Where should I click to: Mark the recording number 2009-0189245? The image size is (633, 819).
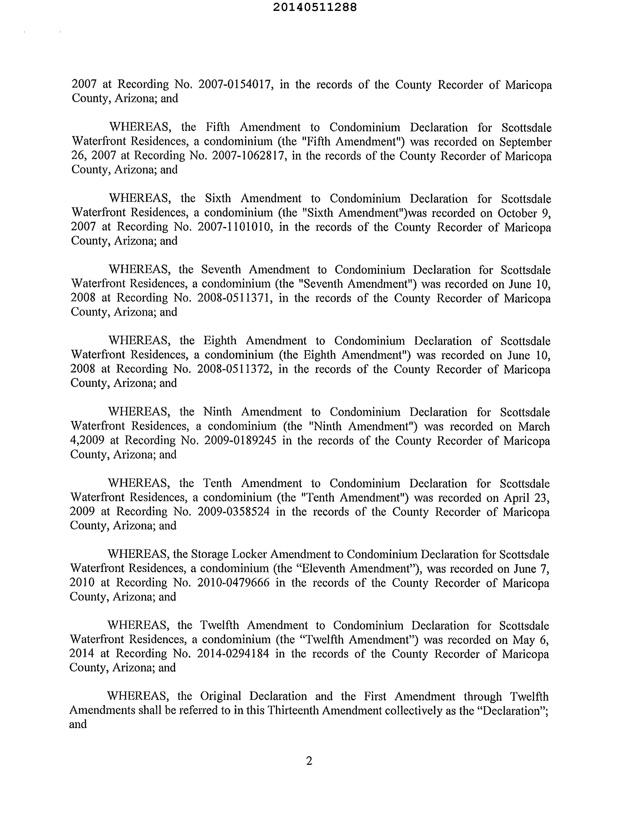pos(240,440)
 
